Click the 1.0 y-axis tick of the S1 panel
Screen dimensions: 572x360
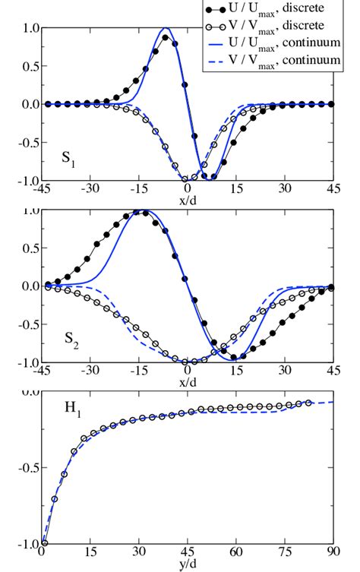pyautogui.click(x=30, y=28)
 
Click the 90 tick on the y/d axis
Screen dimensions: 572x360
pyautogui.click(x=332, y=553)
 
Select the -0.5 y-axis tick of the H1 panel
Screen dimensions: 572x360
pyautogui.click(x=27, y=468)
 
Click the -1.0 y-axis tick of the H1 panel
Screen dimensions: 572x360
pyautogui.click(x=27, y=544)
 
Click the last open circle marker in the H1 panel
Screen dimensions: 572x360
pyautogui.click(x=308, y=403)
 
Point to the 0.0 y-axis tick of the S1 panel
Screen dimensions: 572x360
pyautogui.click(x=30, y=104)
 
